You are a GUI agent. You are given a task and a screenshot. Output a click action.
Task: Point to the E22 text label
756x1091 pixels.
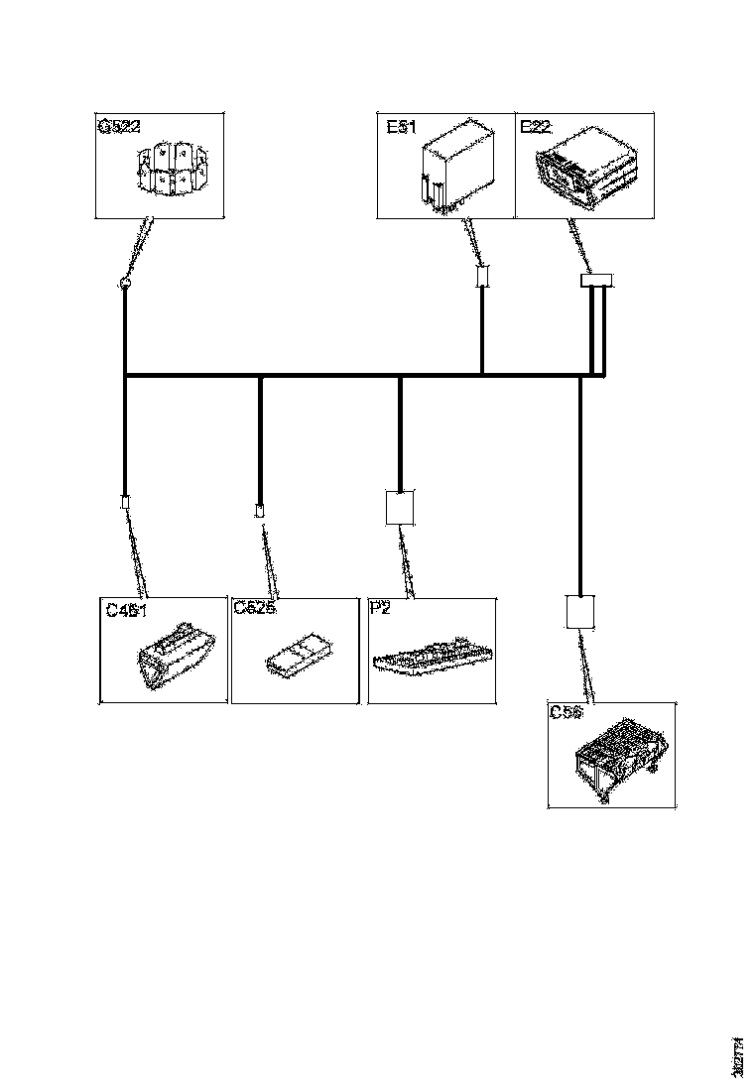click(536, 129)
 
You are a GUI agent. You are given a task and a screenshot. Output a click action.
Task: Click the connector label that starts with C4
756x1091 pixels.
click(126, 609)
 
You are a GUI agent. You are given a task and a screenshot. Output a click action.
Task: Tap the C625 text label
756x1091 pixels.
click(254, 609)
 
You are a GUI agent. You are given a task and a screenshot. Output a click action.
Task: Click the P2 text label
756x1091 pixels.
click(380, 609)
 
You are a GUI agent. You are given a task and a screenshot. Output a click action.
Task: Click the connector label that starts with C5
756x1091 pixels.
click(566, 712)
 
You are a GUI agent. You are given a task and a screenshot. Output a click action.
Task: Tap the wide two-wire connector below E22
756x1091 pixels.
click(595, 282)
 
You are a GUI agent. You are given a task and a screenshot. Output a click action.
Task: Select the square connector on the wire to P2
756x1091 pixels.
click(399, 507)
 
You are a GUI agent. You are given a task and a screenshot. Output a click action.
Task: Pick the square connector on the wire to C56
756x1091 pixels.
click(579, 611)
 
